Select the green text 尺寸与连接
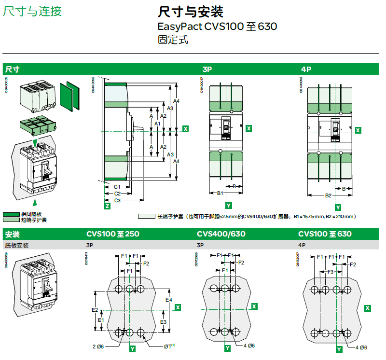(32, 11)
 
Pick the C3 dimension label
(117, 200)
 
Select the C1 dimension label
(117, 187)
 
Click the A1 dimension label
(157, 124)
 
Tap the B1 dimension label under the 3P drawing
(220, 193)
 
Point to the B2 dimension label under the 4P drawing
(328, 195)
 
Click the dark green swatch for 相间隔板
(12, 214)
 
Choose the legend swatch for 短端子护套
(12, 220)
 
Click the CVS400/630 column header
(221, 235)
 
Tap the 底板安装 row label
(17, 245)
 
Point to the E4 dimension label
(169, 300)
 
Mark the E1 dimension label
(101, 319)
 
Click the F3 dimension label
(331, 272)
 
